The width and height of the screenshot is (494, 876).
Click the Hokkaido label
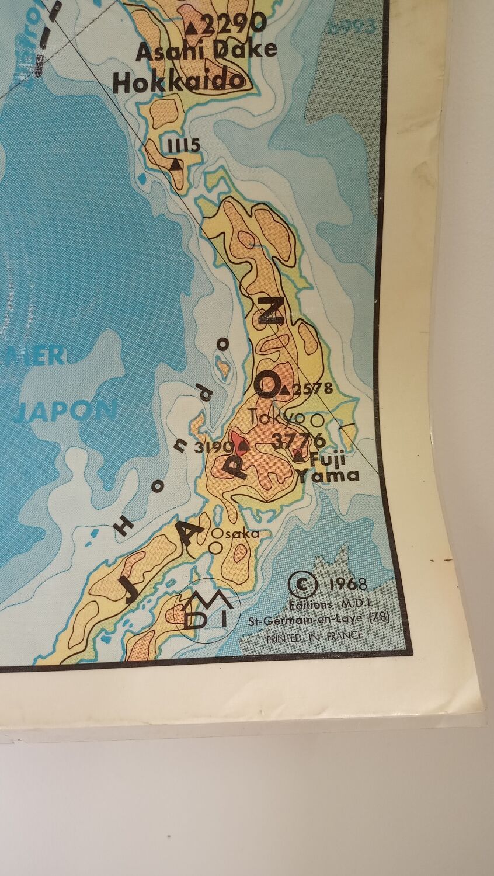pyautogui.click(x=178, y=82)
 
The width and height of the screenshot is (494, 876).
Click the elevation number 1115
pyautogui.click(x=183, y=145)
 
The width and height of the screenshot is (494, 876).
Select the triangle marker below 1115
pyautogui.click(x=175, y=165)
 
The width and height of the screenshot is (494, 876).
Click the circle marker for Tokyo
pyautogui.click(x=318, y=419)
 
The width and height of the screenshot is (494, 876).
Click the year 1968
pyautogui.click(x=347, y=584)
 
